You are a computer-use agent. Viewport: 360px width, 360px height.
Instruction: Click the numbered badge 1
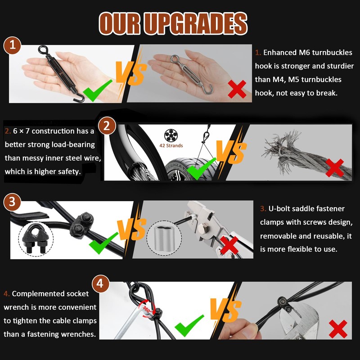pyautogui.click(x=12, y=45)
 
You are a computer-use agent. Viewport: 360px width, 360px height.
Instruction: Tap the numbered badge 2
pyautogui.click(x=107, y=126)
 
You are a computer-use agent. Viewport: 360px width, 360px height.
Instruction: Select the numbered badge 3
pyautogui.click(x=12, y=202)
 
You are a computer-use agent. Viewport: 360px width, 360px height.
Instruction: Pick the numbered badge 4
pyautogui.click(x=100, y=283)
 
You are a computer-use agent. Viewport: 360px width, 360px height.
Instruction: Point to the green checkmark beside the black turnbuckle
pyautogui.click(x=98, y=90)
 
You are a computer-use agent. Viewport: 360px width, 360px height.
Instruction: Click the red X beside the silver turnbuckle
pyautogui.click(x=237, y=89)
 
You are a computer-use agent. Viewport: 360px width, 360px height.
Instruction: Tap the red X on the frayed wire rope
pyautogui.click(x=334, y=167)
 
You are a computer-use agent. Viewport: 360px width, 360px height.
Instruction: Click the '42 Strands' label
pyautogui.click(x=171, y=145)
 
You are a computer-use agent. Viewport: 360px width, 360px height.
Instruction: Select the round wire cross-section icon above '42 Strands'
pyautogui.click(x=171, y=135)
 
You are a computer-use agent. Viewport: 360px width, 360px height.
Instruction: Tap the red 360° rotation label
pyautogui.click(x=147, y=309)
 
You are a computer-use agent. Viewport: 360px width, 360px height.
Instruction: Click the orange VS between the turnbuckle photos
pyautogui.click(x=131, y=73)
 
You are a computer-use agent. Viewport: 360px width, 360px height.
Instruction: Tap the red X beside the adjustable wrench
pyautogui.click(x=338, y=329)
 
